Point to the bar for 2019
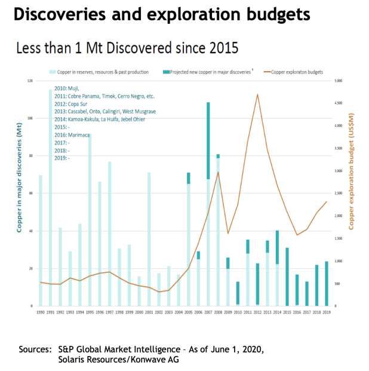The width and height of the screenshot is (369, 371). point(326,284)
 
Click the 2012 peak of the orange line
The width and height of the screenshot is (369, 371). point(257,94)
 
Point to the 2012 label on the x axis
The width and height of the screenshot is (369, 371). point(257,312)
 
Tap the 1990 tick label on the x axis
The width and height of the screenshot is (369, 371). point(41,312)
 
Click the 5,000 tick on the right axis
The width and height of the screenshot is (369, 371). point(337,80)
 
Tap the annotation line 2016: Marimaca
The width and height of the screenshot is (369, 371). point(72,135)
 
